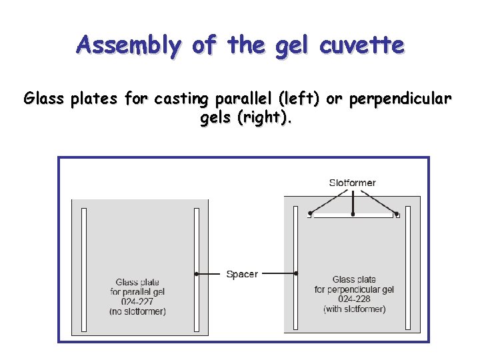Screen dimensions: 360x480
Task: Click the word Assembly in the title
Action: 128,45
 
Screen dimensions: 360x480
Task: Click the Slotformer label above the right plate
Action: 352,183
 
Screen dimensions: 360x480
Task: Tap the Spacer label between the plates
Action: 242,274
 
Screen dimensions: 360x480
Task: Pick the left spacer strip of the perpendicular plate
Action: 296,267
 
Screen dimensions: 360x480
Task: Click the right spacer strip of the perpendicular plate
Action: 409,267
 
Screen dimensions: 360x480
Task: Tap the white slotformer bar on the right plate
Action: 353,215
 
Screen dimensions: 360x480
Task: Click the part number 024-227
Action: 137,302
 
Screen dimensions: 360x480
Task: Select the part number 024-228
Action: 354,299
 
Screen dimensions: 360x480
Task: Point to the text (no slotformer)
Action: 137,312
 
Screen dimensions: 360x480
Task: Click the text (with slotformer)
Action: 354,309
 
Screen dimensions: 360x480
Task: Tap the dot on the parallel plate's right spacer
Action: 197,274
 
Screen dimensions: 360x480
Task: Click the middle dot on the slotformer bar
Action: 353,214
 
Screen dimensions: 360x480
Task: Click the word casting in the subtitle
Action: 179,99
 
